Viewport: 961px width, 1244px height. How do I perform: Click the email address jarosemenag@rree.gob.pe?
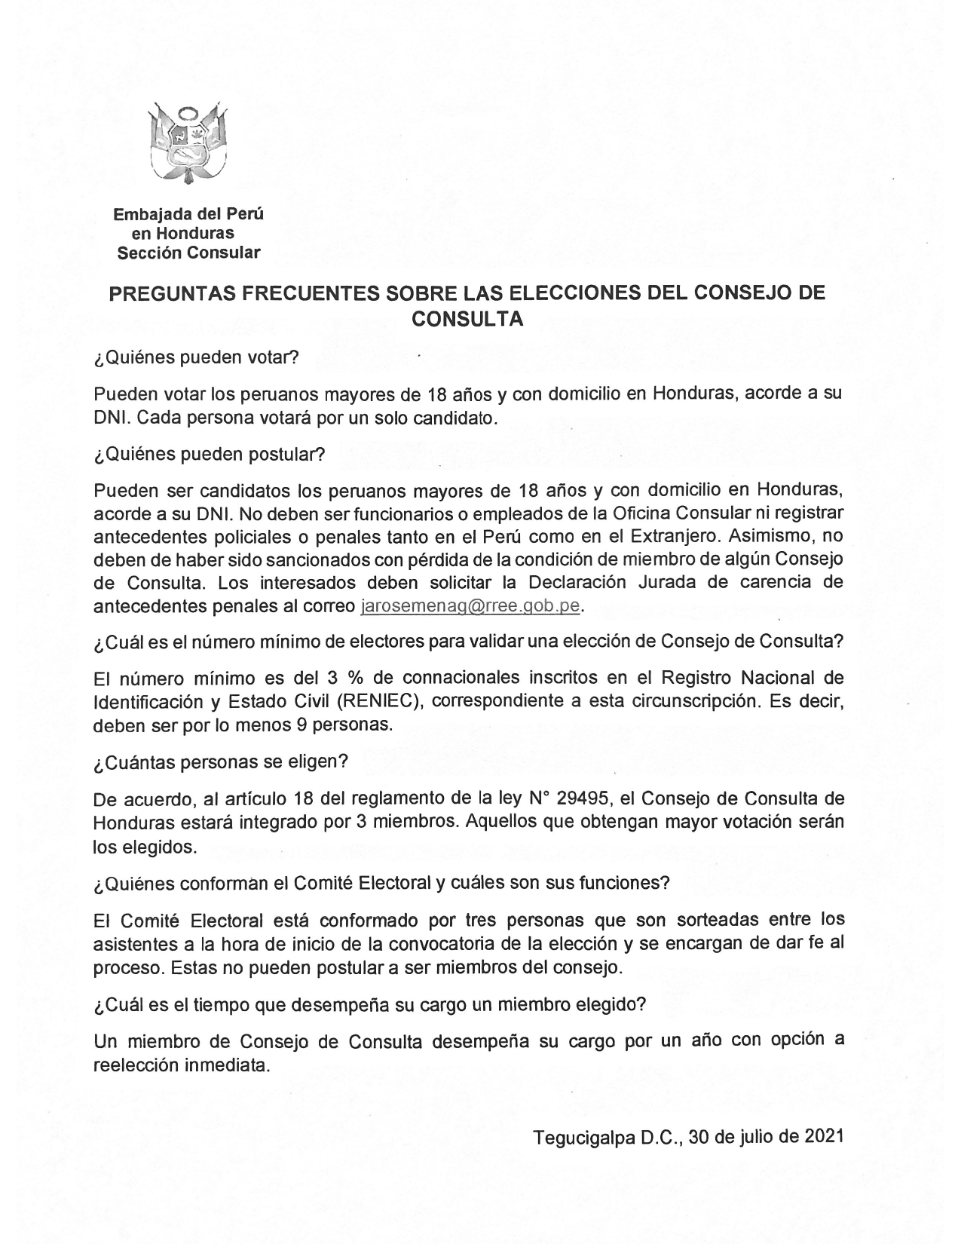(x=472, y=606)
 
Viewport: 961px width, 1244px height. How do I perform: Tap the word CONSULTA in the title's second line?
(x=467, y=318)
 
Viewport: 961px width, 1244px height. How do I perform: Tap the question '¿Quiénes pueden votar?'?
(x=197, y=358)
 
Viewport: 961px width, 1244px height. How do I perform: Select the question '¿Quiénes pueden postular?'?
(x=209, y=455)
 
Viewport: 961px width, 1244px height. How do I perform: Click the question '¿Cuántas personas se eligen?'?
(x=220, y=761)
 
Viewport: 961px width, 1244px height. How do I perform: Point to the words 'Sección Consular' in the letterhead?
(x=188, y=253)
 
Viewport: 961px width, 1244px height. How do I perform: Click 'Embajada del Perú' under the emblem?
(x=188, y=213)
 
